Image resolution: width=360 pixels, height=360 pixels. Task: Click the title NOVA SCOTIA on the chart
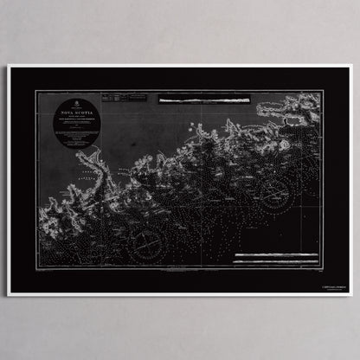(74, 112)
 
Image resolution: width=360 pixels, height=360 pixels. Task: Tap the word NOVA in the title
(67, 112)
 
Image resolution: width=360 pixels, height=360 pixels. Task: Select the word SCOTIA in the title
(81, 112)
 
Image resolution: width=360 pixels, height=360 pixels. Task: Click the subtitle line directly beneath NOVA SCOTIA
(74, 118)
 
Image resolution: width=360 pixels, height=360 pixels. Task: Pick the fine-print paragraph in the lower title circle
(74, 133)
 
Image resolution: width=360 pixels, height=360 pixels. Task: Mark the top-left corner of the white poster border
(9, 66)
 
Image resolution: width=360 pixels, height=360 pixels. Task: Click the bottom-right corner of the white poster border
(351, 295)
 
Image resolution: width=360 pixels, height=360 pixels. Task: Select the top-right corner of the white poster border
(351, 66)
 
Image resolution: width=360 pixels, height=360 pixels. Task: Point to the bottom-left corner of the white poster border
(9, 295)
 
